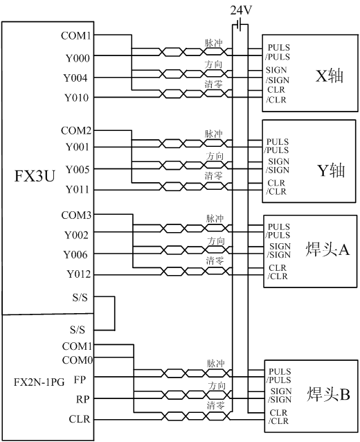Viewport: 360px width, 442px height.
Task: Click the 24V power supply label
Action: [241, 10]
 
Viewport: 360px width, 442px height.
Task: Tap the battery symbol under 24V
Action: [240, 24]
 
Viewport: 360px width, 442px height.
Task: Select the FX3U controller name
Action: [35, 176]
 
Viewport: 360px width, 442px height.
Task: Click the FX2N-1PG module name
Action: [39, 382]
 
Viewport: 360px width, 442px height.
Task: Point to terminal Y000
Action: [78, 58]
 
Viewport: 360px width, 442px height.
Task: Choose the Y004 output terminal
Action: [75, 78]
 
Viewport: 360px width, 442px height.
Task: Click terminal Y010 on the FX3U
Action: [77, 98]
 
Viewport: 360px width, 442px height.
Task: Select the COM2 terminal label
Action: [76, 130]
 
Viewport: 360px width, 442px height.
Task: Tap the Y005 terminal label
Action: [78, 170]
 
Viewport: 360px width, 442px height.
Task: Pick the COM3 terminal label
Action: [76, 215]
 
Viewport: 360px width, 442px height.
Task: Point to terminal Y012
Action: [79, 274]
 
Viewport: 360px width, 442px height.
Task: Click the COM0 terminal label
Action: [78, 360]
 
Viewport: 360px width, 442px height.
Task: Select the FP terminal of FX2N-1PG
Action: [80, 380]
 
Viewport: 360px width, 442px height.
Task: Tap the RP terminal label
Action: [82, 400]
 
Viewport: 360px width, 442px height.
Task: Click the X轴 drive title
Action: [330, 76]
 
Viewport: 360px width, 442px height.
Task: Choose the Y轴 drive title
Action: [331, 170]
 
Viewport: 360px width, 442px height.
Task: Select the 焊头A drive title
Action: [327, 249]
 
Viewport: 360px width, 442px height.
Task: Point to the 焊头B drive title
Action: [328, 394]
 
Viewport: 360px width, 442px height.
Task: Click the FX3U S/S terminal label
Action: [80, 297]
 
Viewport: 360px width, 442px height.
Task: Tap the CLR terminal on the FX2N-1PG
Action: [80, 419]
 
